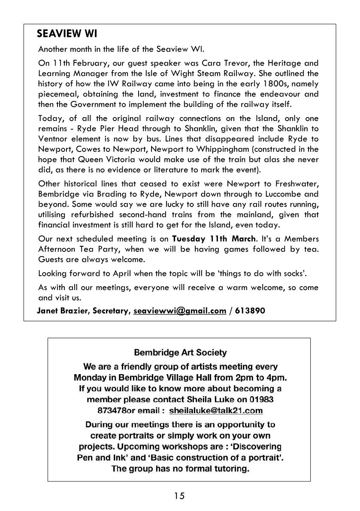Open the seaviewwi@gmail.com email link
[180, 311]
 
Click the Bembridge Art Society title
[180, 353]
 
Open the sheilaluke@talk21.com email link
[216, 411]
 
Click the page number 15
[180, 496]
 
